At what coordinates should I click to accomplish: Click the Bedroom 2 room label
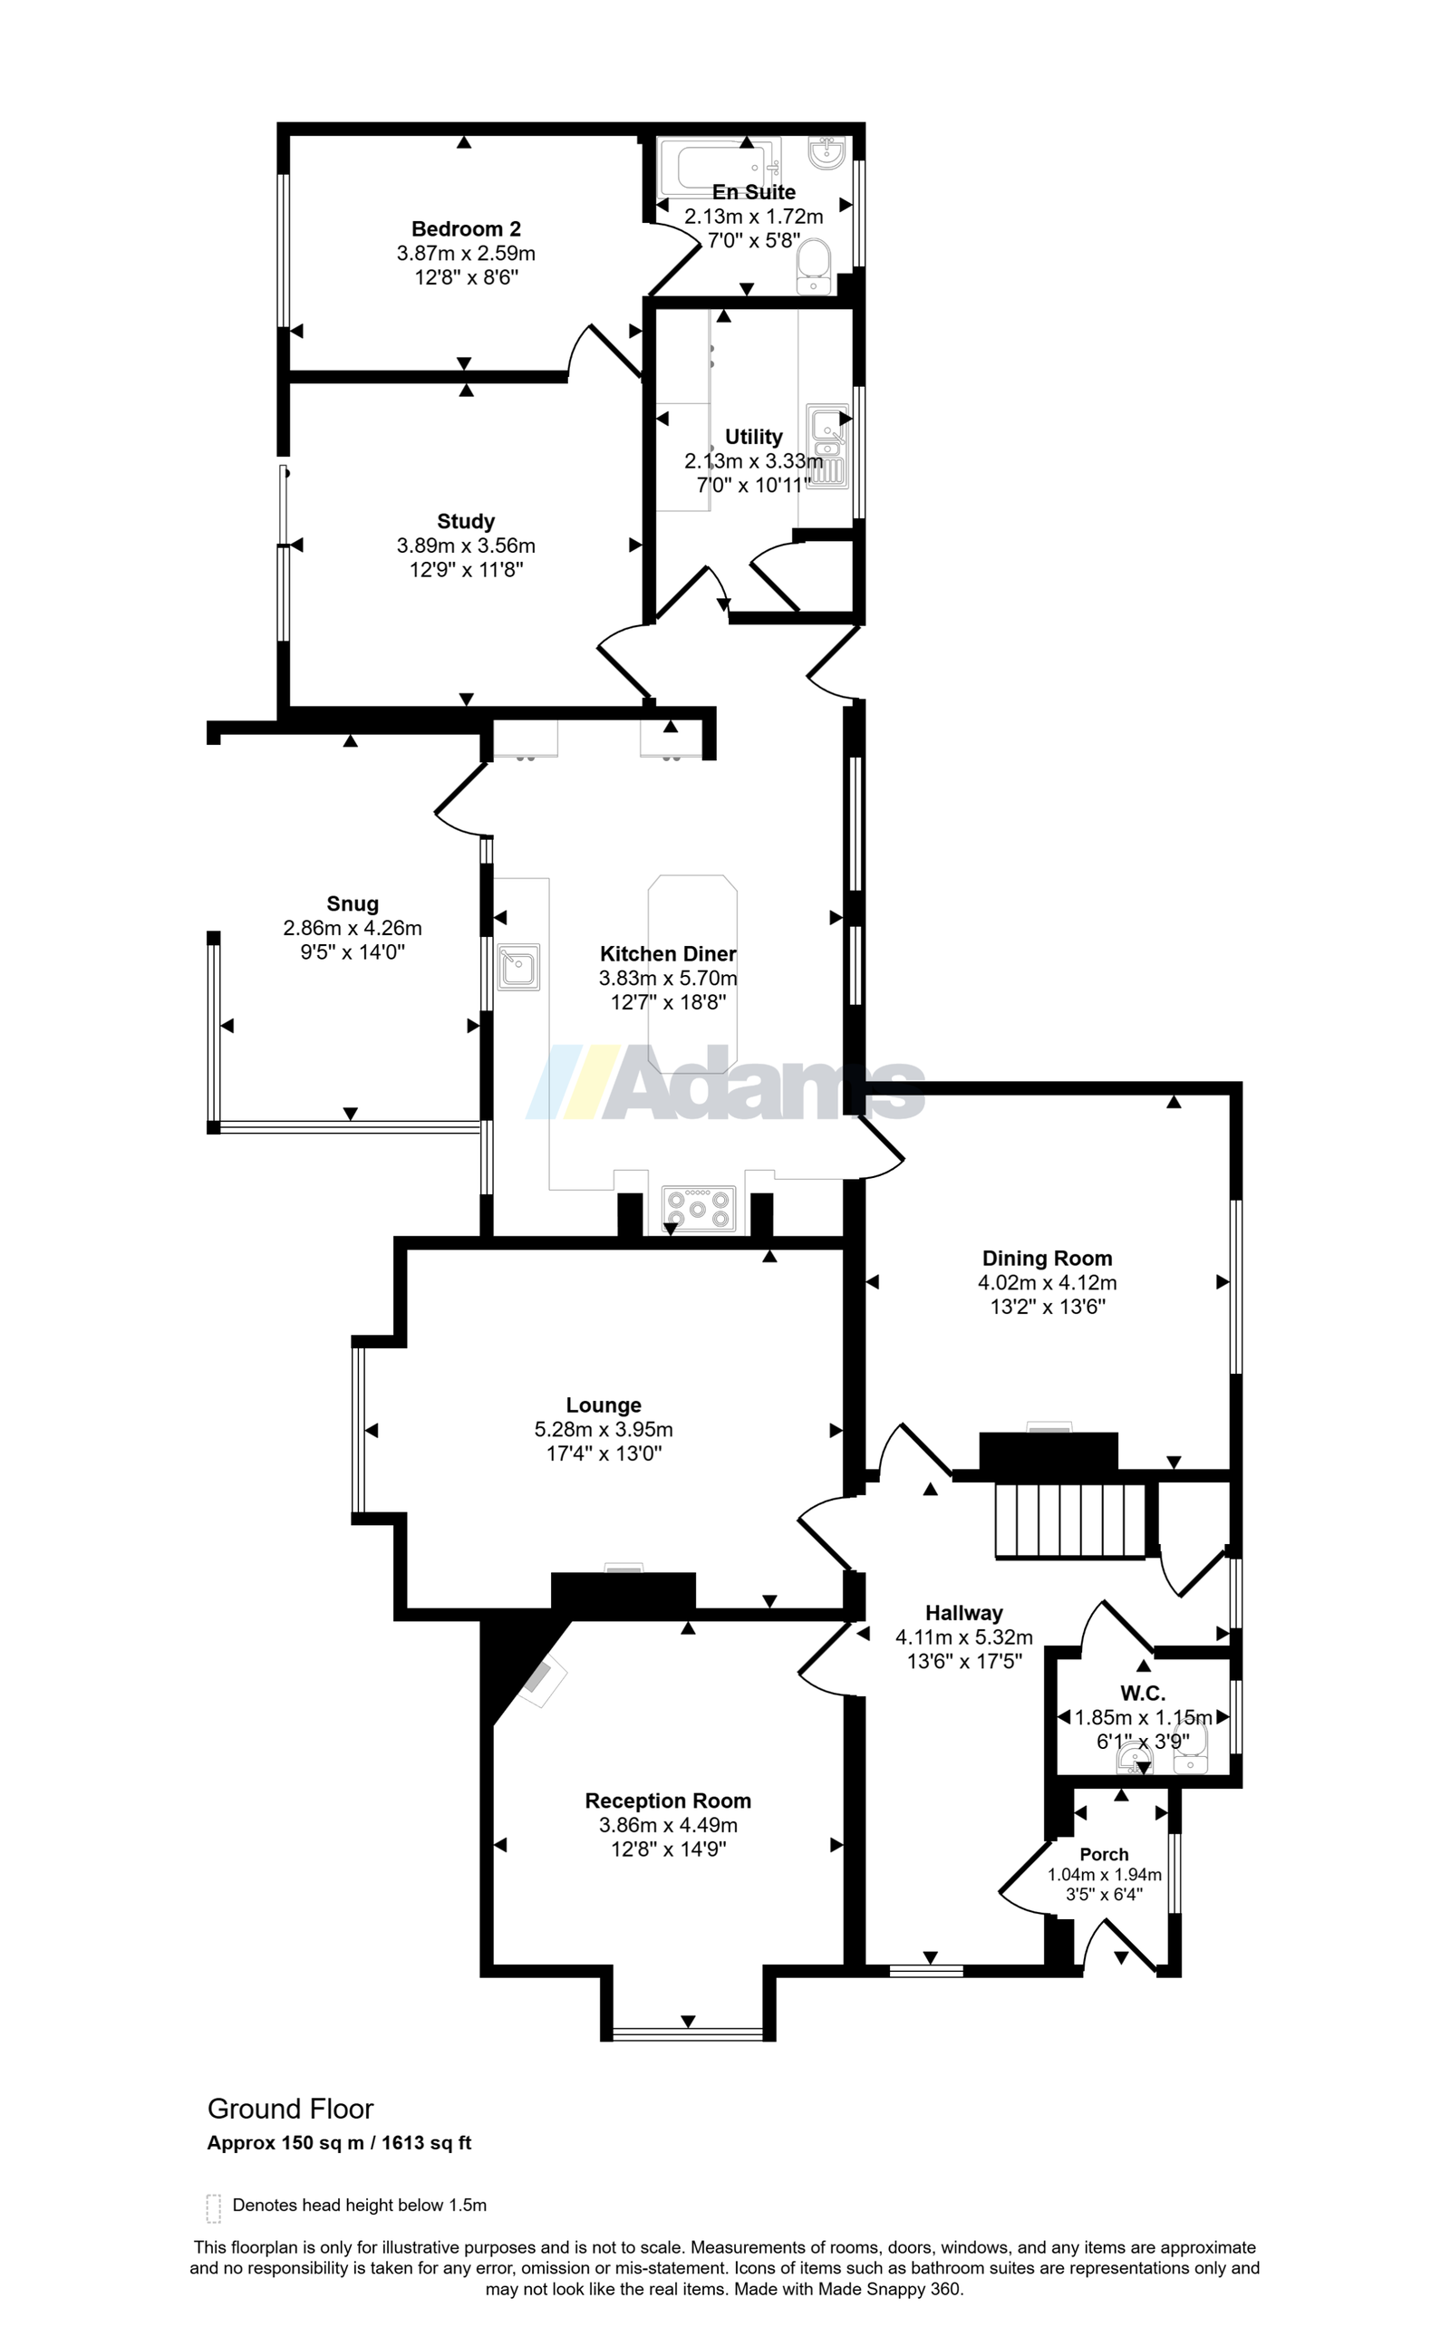point(466,229)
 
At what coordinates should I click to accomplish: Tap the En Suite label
point(754,192)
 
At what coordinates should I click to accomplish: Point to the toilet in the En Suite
point(814,266)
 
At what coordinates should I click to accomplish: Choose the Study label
point(466,522)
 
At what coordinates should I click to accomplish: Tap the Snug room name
point(353,903)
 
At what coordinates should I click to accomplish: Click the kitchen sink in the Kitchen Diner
point(518,967)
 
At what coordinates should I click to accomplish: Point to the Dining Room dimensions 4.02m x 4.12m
point(1048,1283)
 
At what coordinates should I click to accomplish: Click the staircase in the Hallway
point(1071,1521)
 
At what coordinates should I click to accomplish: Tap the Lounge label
point(604,1405)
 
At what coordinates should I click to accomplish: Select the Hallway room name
point(963,1613)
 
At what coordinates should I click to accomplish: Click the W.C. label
point(1142,1695)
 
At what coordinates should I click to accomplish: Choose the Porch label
point(1104,1854)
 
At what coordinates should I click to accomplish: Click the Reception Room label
point(668,1801)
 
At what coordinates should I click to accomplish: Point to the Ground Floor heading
point(291,2109)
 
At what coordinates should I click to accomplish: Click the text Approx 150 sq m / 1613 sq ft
point(340,2142)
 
